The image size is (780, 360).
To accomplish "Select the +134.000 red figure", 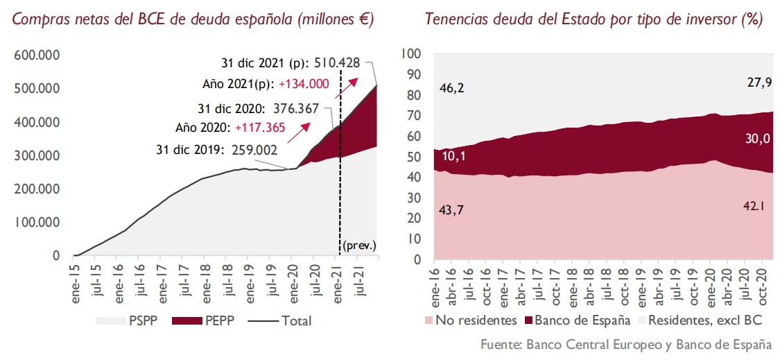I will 304,85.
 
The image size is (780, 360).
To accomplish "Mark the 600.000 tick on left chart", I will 36,55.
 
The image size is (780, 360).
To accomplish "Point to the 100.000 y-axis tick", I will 36,222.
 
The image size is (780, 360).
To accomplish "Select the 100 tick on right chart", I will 412,53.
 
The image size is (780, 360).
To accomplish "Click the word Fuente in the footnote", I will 501,345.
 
